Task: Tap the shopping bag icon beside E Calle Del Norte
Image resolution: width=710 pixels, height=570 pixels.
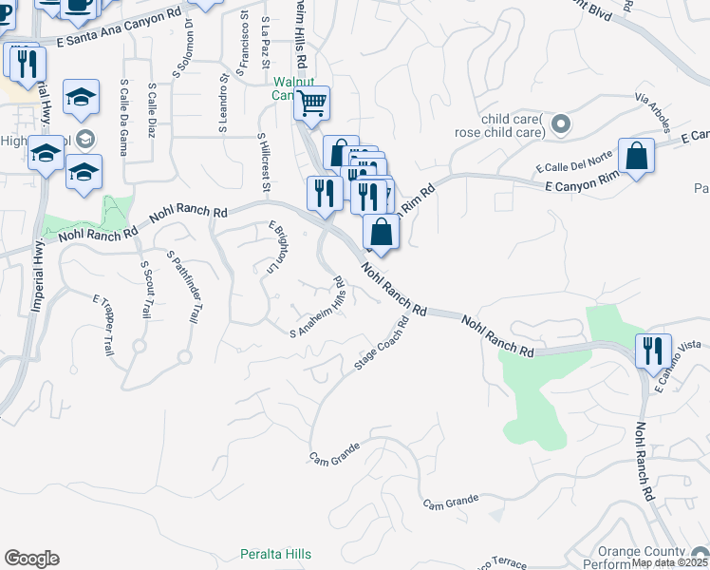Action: (x=636, y=156)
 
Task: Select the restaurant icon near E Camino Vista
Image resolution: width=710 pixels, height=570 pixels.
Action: (x=654, y=350)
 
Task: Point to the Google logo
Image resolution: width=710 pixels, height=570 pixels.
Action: (x=31, y=559)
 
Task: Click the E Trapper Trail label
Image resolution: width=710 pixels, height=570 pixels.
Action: (x=103, y=325)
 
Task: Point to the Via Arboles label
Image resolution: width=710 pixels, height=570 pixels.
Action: (x=657, y=112)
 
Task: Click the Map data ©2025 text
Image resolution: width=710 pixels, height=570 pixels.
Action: (x=669, y=562)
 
